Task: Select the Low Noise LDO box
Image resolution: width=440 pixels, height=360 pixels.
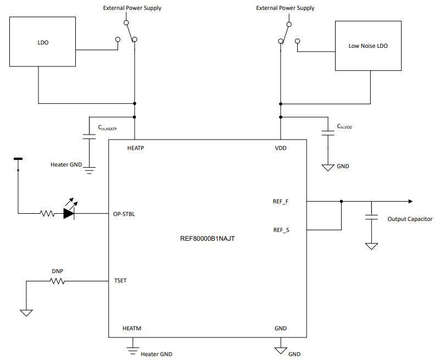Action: coord(367,46)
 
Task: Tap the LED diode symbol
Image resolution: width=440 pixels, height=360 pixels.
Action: coord(69,214)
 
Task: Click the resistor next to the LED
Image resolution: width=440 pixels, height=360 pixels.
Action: coord(46,214)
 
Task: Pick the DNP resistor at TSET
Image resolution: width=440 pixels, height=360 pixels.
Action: coord(57,281)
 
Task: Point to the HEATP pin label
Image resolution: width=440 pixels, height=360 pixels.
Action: coord(136,148)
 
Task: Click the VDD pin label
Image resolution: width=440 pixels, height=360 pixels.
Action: coord(280,148)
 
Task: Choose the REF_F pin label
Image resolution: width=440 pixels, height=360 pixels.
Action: coord(281,201)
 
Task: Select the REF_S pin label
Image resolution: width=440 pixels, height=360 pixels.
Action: coord(281,230)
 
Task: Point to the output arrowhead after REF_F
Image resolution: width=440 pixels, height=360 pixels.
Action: coord(409,201)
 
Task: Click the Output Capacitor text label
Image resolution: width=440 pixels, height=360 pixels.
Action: coord(410,219)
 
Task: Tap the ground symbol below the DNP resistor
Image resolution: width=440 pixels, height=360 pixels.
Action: coord(26,313)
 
